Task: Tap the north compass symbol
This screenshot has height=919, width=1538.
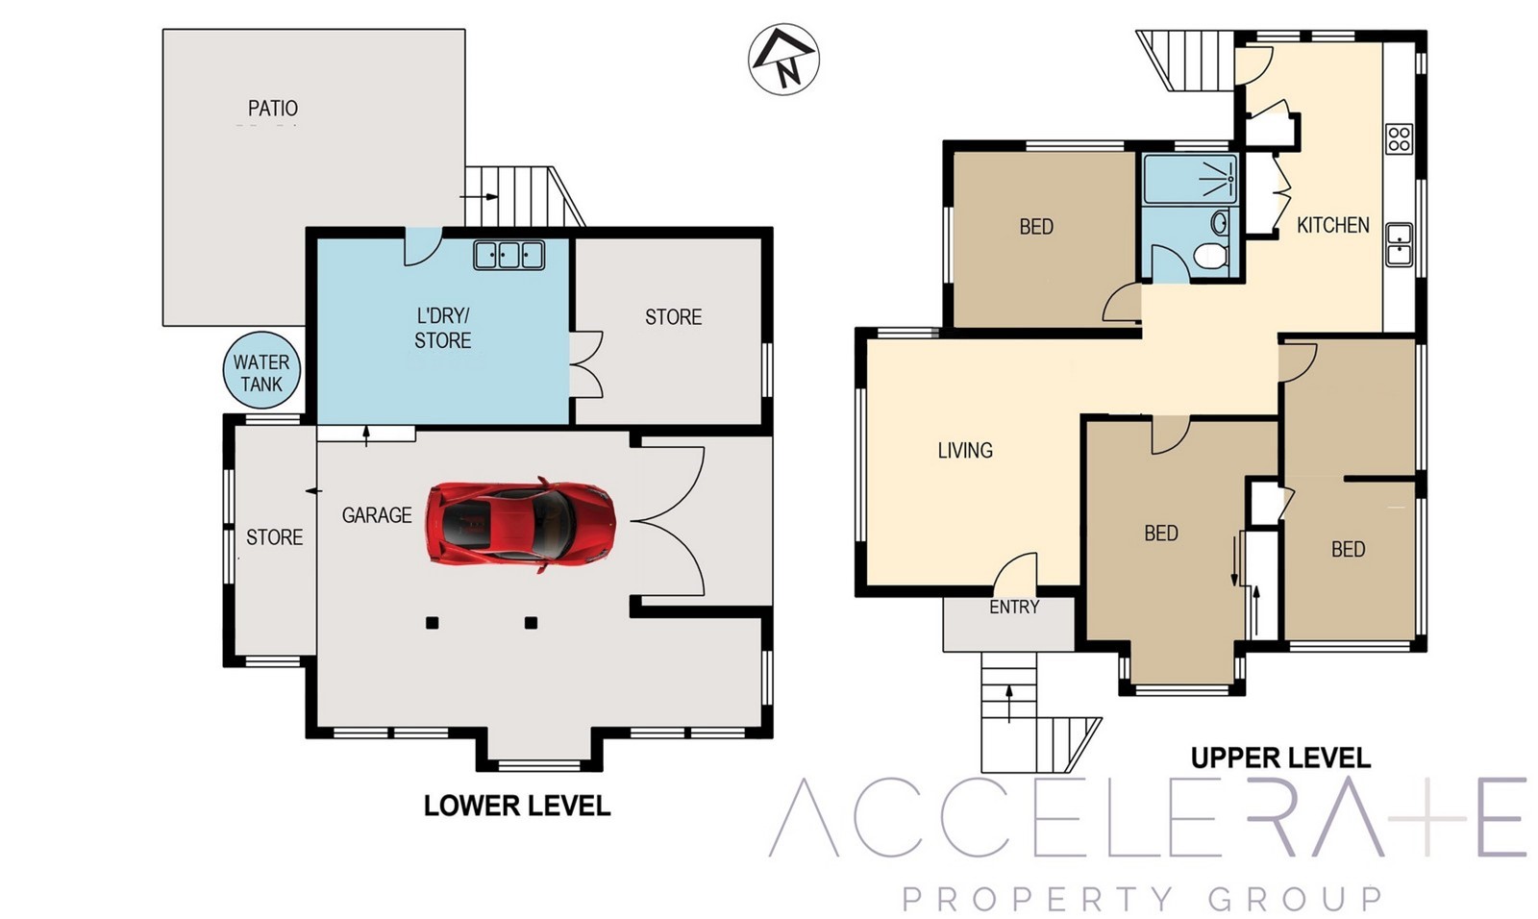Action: [783, 59]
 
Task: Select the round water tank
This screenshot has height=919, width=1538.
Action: [261, 372]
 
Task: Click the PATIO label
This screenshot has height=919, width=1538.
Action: [273, 109]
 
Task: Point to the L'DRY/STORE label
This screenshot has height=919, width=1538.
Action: [443, 329]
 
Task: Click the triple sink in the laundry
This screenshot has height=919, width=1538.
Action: [509, 255]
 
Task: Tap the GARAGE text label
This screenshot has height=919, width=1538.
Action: [377, 515]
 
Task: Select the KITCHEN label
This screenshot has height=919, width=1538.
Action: [1332, 225]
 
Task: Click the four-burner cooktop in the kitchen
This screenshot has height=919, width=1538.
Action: [1400, 138]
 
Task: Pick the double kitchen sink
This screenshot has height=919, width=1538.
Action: [1400, 244]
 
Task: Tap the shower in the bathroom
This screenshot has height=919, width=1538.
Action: [1191, 179]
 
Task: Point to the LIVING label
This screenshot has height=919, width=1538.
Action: [965, 451]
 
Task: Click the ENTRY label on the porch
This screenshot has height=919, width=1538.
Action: [1014, 608]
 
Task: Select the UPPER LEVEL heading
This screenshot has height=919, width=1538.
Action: [1280, 758]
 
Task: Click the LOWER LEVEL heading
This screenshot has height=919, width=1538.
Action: [517, 806]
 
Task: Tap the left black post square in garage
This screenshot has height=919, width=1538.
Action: [432, 623]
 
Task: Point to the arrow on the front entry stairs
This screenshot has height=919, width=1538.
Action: [1008, 704]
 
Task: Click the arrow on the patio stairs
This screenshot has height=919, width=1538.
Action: [480, 197]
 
